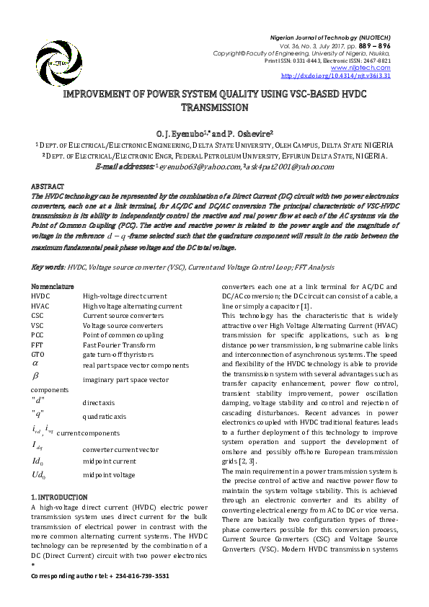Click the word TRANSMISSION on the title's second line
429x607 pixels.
[x=214, y=107]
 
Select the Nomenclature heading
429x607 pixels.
[x=53, y=287]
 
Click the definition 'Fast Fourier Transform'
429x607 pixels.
[x=119, y=345]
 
